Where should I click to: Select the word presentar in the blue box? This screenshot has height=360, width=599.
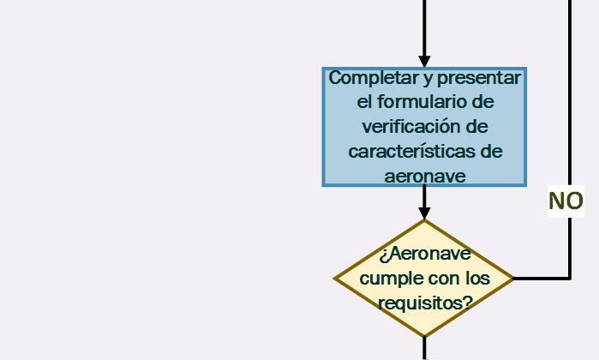[x=479, y=78]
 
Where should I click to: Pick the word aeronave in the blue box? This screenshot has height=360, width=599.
[x=425, y=177]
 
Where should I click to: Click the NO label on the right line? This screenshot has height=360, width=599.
[x=566, y=201]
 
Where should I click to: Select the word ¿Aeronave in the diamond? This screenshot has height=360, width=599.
[x=425, y=254]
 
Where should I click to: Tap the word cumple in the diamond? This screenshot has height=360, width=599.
[x=386, y=279]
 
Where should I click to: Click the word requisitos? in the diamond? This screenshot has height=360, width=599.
[x=426, y=303]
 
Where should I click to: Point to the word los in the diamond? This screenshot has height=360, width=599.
[x=477, y=279]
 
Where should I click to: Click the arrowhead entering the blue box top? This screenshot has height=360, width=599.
[x=424, y=62]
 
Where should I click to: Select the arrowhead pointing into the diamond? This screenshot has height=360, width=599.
[x=424, y=213]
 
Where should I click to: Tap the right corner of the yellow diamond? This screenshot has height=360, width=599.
[x=514, y=279]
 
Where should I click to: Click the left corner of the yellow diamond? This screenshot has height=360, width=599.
[x=335, y=279]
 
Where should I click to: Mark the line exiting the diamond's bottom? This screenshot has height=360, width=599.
[x=424, y=348]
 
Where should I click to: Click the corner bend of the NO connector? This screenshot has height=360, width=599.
[x=570, y=279]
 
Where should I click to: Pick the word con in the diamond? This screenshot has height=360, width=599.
[x=440, y=279]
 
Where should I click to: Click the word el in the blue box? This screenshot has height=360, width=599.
[x=364, y=102]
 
